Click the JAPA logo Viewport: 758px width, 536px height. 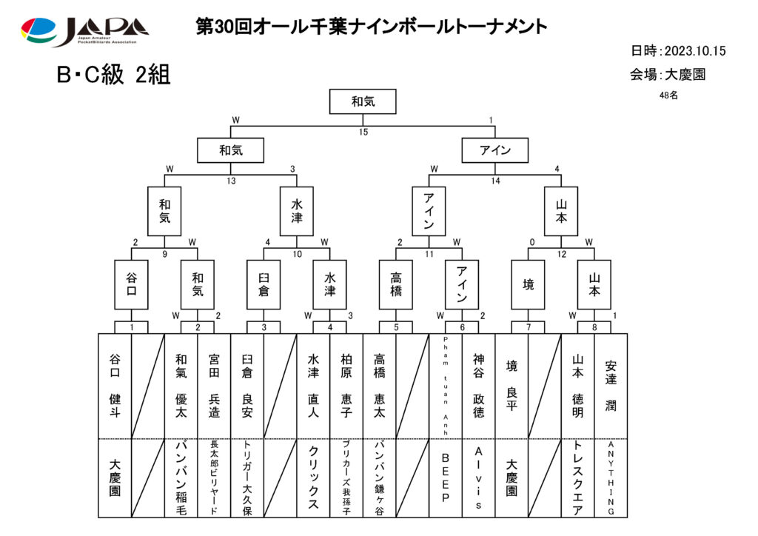click(x=84, y=31)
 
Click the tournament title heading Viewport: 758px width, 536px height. click(x=372, y=27)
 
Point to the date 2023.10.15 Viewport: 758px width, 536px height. click(x=694, y=51)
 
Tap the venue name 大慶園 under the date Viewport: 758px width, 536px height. click(x=685, y=75)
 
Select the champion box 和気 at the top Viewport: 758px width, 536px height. click(x=363, y=101)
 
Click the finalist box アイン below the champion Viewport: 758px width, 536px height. click(x=495, y=150)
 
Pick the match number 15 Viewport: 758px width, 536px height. click(x=363, y=133)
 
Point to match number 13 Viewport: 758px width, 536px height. click(x=231, y=181)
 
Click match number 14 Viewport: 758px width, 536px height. click(x=495, y=181)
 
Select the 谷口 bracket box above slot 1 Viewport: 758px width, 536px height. click(x=131, y=284)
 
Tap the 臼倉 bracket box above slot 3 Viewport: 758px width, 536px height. click(x=264, y=284)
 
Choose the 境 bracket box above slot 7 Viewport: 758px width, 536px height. click(x=528, y=284)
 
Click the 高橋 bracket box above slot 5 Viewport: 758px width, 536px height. click(x=396, y=284)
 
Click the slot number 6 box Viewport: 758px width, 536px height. click(x=462, y=327)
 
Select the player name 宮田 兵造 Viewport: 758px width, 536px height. click(x=214, y=385)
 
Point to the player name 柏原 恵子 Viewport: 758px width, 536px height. click(x=346, y=385)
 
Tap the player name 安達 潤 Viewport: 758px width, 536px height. click(x=611, y=385)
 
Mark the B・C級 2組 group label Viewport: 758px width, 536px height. click(x=113, y=76)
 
